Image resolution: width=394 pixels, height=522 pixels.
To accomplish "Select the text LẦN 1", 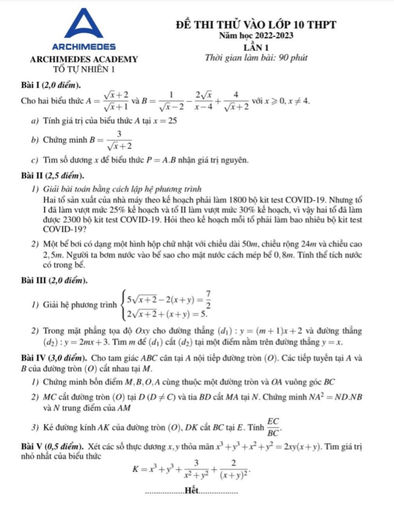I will coord(256,47).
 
